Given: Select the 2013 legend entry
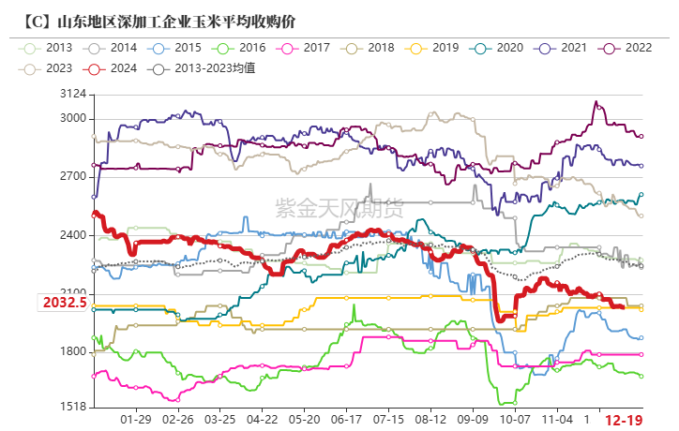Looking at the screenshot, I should pyautogui.click(x=50, y=47).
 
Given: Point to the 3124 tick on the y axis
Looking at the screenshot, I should pyautogui.click(x=72, y=95).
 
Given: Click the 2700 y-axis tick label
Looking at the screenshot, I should pyautogui.click(x=72, y=176).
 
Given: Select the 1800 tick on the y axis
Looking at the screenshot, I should pyautogui.click(x=72, y=352).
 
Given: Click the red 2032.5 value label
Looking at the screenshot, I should pyautogui.click(x=64, y=303).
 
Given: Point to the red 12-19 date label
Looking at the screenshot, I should pyautogui.click(x=624, y=422).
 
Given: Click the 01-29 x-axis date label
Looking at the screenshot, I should pyautogui.click(x=137, y=422).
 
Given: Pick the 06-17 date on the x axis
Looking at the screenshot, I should pyautogui.click(x=347, y=422).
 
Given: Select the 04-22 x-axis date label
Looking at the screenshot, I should pyautogui.click(x=263, y=422).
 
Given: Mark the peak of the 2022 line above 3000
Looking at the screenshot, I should pyautogui.click(x=595, y=102).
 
